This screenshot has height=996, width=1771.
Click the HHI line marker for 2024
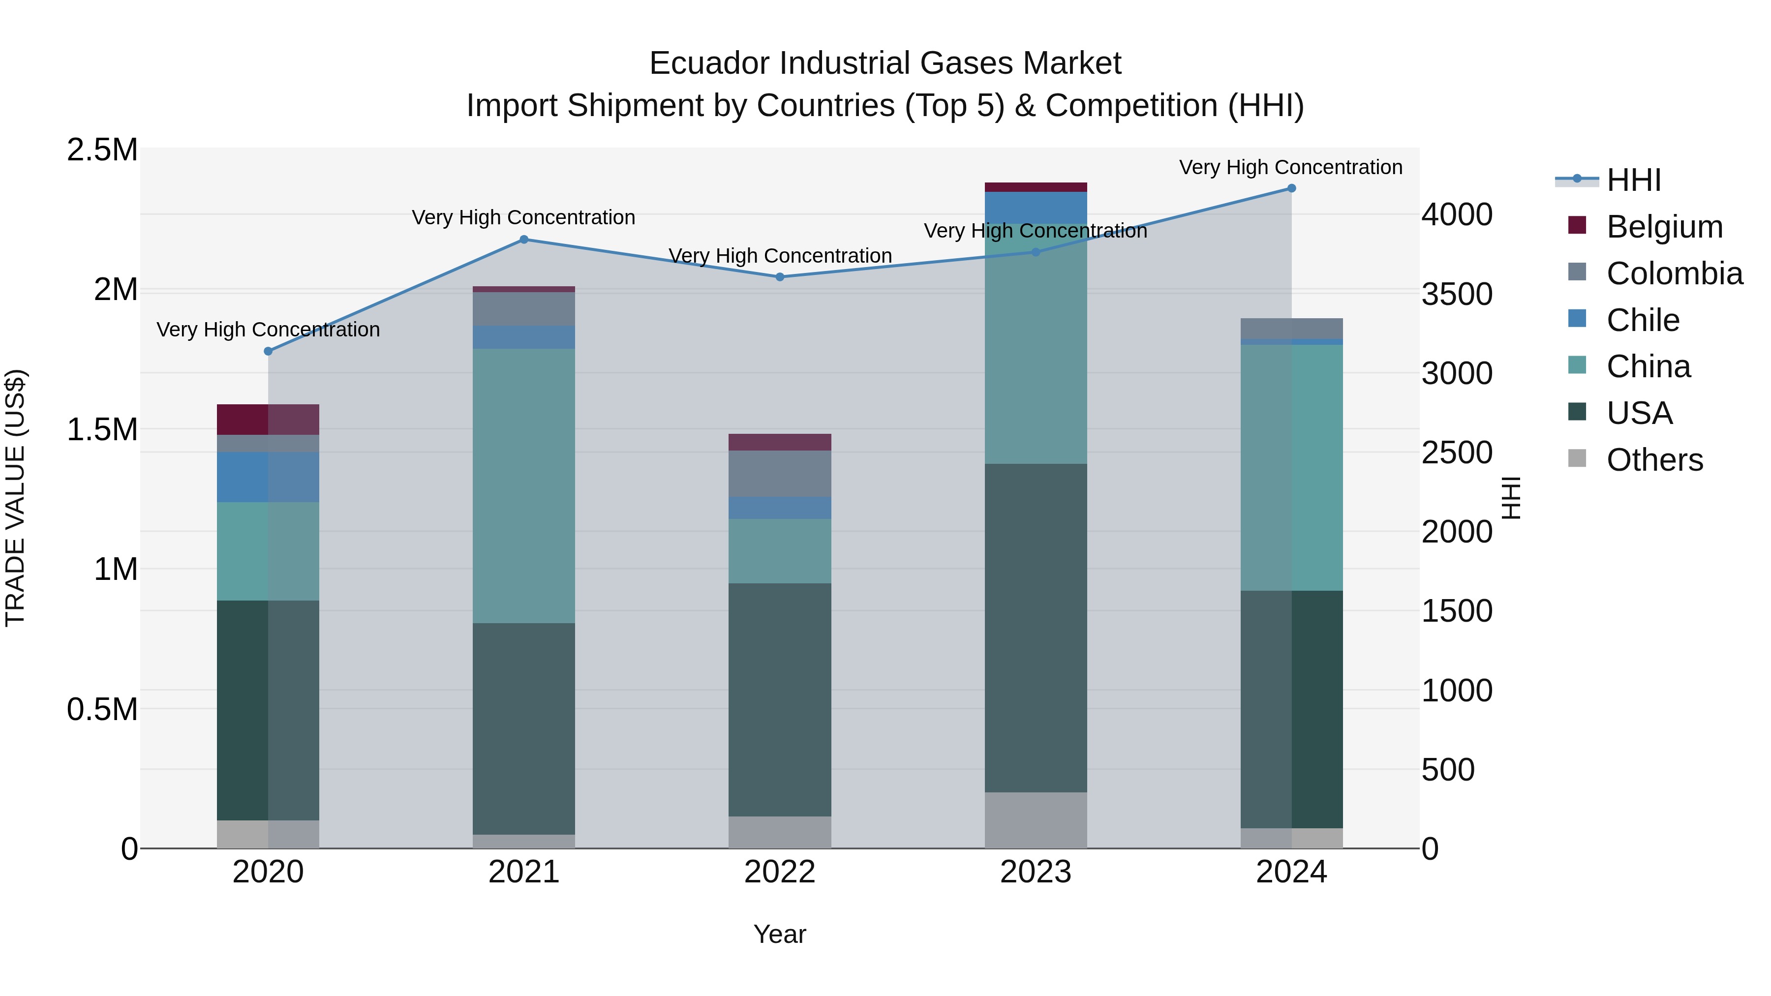coord(1291,188)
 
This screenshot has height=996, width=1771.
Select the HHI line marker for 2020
coord(268,351)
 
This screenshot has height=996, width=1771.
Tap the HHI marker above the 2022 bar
coord(780,277)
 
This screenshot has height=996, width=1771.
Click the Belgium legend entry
coord(1664,227)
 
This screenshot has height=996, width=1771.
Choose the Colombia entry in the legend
coord(1674,273)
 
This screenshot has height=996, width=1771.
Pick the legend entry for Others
coord(1654,460)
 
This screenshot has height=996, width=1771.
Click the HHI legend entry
coord(1633,180)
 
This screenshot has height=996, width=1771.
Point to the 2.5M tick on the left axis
coord(102,150)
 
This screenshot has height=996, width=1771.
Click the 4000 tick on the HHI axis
coord(1457,215)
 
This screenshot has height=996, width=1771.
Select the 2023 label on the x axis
coord(1036,872)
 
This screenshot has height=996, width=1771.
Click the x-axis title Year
coord(780,934)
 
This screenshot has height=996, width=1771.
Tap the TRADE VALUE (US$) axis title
coord(15,498)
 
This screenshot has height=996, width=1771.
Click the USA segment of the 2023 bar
coord(1036,627)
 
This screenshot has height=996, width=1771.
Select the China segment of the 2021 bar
coord(524,485)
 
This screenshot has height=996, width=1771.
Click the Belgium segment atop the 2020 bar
coord(268,419)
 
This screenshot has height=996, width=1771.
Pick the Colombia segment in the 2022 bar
coord(780,474)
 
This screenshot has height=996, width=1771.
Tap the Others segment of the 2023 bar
coord(1036,820)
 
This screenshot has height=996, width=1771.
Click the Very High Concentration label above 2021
coord(523,218)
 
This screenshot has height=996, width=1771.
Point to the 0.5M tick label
coord(102,709)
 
